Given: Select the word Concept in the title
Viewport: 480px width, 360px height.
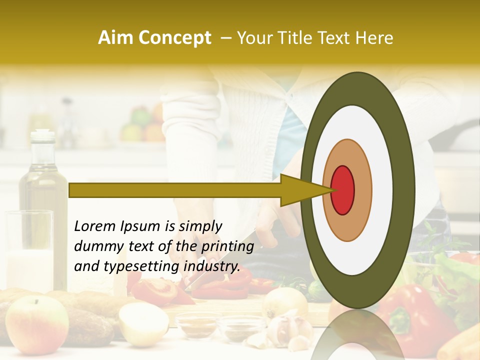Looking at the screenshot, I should pos(175,38).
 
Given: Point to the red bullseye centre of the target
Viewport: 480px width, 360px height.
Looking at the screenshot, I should pos(342,190).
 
